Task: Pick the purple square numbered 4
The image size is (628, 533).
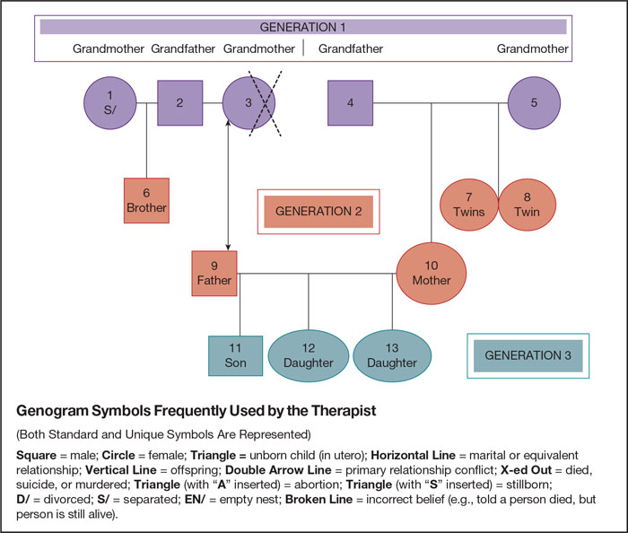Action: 351,102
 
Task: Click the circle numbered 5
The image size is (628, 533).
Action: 534,102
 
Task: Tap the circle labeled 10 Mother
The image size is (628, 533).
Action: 432,273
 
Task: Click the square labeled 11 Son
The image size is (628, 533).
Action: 235,356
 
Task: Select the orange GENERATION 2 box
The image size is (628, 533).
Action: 318,212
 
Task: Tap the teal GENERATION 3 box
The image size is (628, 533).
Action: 528,355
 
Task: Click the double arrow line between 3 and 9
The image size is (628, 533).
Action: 228,188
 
